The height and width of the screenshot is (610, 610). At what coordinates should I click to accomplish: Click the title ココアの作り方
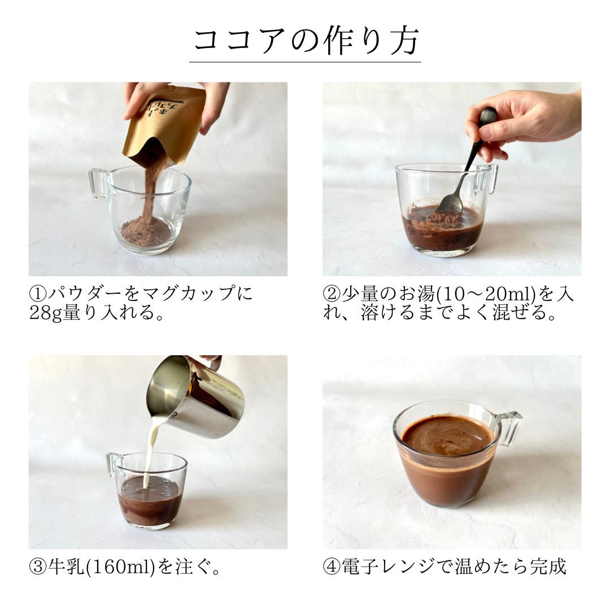tap(306, 41)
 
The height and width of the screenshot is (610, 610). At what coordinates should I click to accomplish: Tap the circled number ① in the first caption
tap(38, 294)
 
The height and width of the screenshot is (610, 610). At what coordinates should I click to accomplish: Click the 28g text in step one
tap(46, 313)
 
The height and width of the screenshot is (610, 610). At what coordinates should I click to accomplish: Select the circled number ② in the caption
tap(332, 294)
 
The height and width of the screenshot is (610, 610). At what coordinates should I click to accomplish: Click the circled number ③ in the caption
tap(38, 567)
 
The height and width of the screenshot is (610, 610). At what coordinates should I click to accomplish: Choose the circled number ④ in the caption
tap(332, 567)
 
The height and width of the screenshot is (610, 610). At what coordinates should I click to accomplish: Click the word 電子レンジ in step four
tap(388, 567)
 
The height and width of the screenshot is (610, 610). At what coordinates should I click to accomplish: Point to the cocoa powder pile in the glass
tap(146, 232)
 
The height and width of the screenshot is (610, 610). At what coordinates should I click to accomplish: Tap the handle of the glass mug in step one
tap(98, 183)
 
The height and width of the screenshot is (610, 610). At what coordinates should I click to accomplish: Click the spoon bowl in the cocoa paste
tap(451, 203)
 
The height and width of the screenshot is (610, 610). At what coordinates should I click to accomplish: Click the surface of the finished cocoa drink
tap(447, 435)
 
